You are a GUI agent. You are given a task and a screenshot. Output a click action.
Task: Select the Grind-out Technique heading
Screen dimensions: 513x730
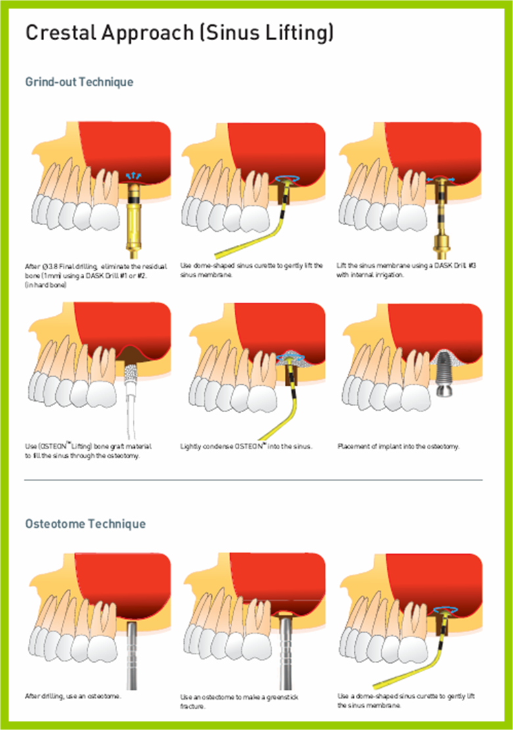[79, 82]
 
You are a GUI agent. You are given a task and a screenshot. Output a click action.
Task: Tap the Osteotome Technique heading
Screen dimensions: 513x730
[85, 524]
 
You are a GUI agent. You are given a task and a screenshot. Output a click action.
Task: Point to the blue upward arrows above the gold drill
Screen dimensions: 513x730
[134, 176]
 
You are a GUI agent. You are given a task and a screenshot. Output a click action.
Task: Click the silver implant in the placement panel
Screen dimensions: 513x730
[445, 374]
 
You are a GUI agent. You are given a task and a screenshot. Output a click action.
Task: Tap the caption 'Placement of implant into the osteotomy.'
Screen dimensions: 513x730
[399, 446]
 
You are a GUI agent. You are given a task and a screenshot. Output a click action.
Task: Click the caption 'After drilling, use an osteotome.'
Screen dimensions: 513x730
[73, 696]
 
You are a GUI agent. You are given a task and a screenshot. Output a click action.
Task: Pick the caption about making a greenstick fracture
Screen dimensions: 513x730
[239, 702]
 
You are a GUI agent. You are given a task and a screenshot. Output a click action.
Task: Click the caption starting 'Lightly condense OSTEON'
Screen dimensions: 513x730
[246, 446]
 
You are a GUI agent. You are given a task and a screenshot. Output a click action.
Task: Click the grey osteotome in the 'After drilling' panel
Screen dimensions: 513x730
[132, 656]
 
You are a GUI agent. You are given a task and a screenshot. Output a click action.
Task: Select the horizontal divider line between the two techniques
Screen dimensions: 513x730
[253, 479]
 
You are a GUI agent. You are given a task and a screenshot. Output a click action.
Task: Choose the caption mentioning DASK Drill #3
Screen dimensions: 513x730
[406, 270]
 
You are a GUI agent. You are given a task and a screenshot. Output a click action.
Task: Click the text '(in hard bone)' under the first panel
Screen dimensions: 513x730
[45, 285]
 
